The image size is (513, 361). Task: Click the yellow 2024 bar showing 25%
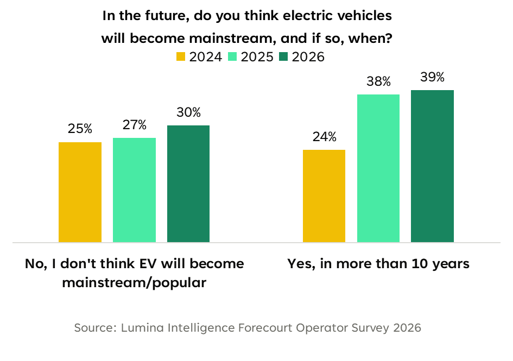[x=80, y=192]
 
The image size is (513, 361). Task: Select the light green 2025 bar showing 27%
[x=134, y=190]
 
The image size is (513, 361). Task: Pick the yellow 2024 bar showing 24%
[x=324, y=196]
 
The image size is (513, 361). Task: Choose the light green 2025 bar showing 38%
[x=378, y=168]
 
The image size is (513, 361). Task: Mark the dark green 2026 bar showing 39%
[x=433, y=166]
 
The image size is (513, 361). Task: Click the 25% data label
[x=80, y=129]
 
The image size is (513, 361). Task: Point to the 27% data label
[x=134, y=125]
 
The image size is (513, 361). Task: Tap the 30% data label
[x=188, y=112]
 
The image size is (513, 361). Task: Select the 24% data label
[x=324, y=137]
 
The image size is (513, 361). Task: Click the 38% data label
[x=378, y=81]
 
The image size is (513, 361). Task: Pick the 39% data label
[x=433, y=77]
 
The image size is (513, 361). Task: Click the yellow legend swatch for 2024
[x=181, y=56]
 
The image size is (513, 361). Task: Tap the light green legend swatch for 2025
[x=232, y=56]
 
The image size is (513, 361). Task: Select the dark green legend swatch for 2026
[x=284, y=56]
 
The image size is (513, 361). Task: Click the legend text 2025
[x=257, y=57]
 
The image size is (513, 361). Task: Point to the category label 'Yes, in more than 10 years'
[x=378, y=264]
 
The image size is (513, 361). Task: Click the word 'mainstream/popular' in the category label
[x=134, y=283]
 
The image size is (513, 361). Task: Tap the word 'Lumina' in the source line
[x=141, y=328]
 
